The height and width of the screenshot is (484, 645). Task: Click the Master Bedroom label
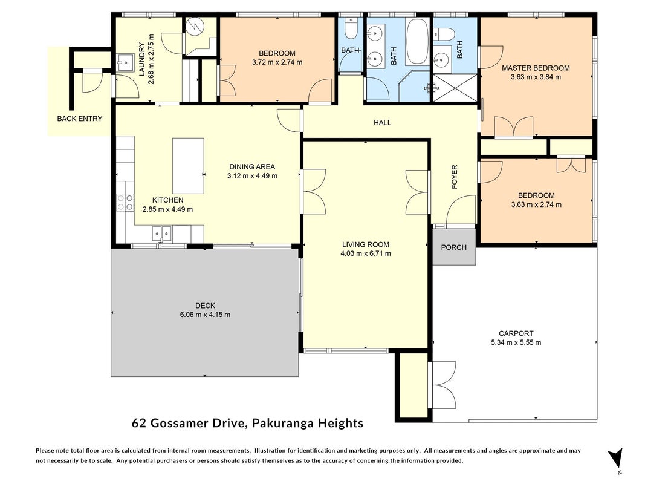[536, 68]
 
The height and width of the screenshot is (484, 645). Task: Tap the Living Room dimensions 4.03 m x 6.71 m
[366, 253]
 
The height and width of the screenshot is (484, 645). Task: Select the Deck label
[205, 306]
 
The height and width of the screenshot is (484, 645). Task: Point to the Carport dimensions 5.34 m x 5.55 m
[516, 342]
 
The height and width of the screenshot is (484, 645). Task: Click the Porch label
[454, 247]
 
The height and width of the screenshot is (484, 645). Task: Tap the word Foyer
[455, 177]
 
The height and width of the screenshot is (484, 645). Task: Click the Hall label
[382, 123]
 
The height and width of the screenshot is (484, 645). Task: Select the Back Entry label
[79, 119]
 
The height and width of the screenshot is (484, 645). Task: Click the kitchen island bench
[188, 166]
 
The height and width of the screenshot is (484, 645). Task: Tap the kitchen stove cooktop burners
[126, 203]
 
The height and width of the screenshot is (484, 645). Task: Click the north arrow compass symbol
[616, 457]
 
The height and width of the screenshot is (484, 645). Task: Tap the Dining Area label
[252, 167]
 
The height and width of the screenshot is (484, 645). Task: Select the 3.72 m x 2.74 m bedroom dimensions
[277, 62]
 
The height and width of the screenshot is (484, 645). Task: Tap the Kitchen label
[168, 200]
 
